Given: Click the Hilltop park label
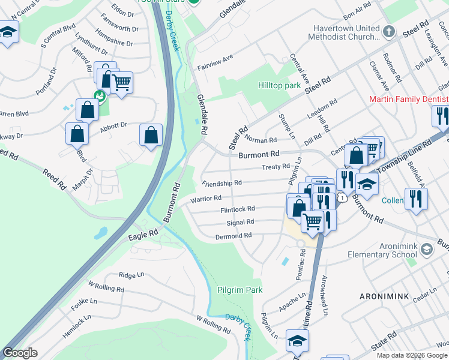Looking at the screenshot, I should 279,86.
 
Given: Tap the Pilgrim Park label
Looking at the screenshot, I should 240,290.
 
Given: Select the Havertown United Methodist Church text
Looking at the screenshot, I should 347,33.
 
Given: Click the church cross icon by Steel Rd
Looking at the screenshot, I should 389,30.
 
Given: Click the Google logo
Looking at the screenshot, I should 20,353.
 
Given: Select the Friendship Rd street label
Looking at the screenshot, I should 222,182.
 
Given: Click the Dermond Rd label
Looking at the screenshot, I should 233,236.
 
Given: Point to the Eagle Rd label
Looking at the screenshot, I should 143,234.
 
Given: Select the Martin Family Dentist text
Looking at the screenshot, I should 408,99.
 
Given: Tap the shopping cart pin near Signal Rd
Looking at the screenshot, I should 312,222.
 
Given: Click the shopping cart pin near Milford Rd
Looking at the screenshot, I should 122,82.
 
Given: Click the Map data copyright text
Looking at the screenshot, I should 411,355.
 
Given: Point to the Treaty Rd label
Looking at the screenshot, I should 277,167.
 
